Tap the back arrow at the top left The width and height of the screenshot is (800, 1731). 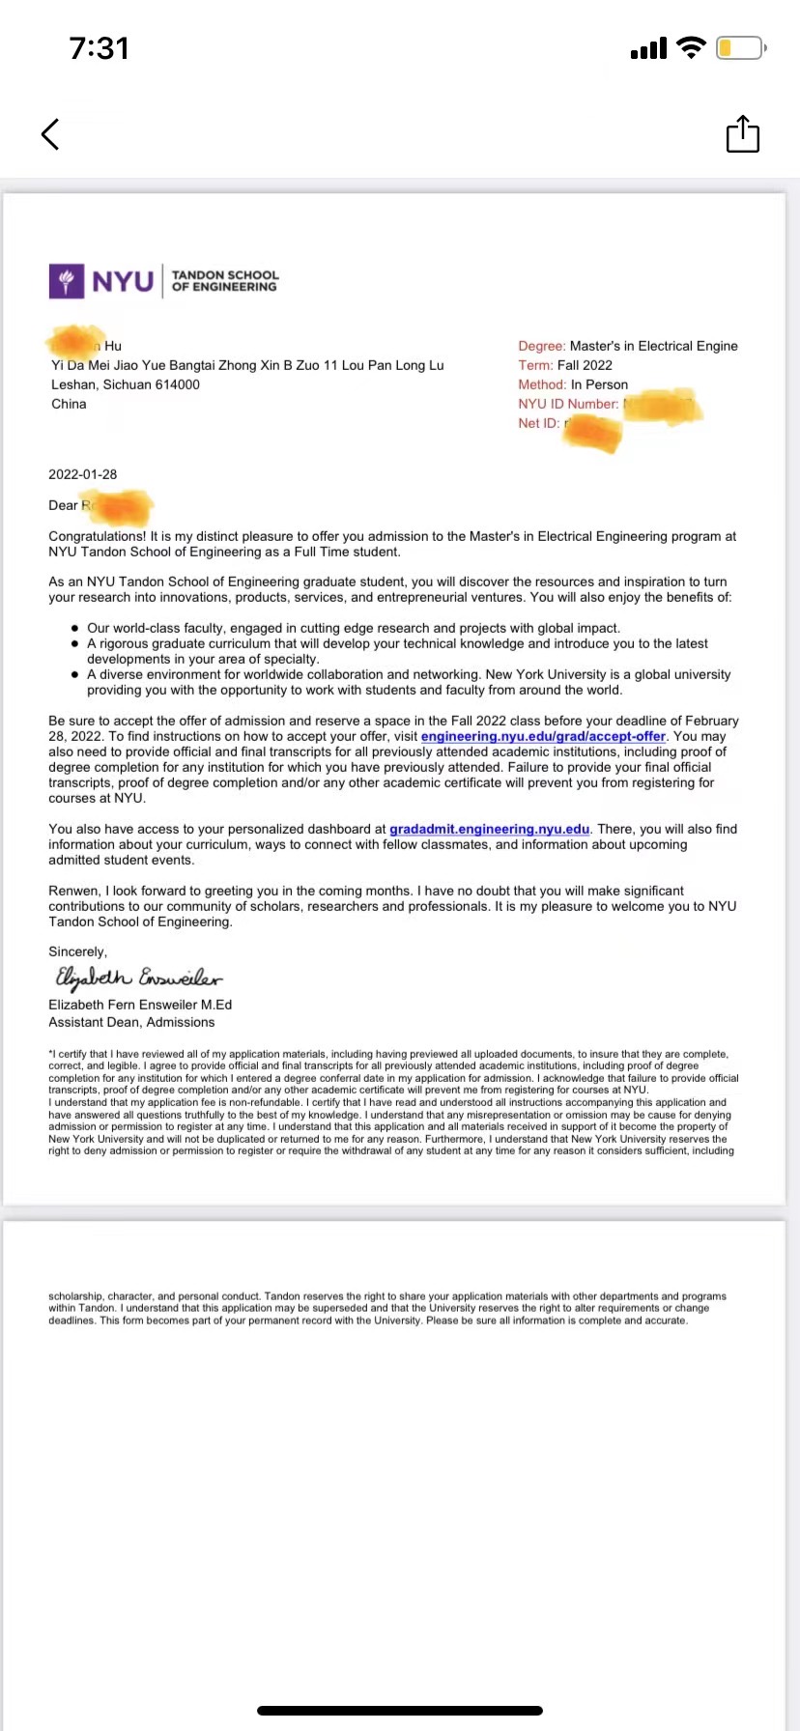pos(50,134)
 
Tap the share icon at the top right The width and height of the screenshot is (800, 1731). pos(742,134)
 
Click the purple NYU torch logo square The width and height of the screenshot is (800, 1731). pos(67,281)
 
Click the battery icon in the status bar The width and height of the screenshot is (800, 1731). pos(741,47)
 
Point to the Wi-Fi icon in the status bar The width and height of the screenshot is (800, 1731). pos(691,47)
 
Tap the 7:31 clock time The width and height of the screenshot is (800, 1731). pos(99,48)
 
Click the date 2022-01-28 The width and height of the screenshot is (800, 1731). pos(83,474)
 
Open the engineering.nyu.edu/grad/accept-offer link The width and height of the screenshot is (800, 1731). pos(543,736)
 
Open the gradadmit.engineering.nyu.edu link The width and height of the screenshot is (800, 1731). pos(489,829)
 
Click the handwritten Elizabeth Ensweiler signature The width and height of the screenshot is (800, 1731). pos(138,978)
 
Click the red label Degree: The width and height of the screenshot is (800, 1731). pos(541,346)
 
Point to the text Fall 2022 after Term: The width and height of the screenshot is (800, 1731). pos(585,365)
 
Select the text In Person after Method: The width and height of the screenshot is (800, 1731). pos(599,384)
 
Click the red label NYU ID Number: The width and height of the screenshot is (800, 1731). pos(568,404)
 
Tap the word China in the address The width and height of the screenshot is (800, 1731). pos(69,404)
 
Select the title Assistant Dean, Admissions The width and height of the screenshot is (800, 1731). pos(131,1022)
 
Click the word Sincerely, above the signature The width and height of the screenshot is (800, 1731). pos(77,951)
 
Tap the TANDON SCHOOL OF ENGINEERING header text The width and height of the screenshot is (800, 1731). pos(224,281)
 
